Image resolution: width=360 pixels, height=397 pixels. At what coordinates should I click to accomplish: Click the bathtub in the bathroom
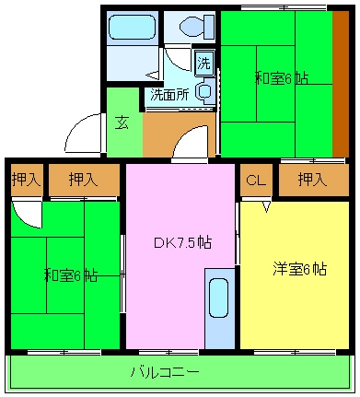tap(132, 27)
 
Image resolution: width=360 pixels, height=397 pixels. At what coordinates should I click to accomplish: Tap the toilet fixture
tap(193, 27)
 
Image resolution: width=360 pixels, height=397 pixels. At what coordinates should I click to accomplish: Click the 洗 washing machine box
tap(204, 64)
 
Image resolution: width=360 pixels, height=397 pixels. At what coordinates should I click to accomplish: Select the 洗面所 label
tap(169, 94)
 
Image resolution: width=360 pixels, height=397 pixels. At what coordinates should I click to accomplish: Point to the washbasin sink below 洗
tap(205, 91)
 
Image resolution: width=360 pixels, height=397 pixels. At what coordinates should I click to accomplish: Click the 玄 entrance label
tap(122, 121)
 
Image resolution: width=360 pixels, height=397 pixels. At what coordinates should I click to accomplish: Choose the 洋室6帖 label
tap(299, 269)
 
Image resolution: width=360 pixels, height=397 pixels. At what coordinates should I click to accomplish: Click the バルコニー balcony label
tap(164, 372)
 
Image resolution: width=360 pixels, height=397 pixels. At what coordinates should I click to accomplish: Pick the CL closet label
tap(255, 180)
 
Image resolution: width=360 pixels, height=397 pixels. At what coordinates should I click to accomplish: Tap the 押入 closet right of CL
tap(312, 179)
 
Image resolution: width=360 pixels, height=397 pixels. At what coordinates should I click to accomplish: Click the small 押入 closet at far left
tap(25, 180)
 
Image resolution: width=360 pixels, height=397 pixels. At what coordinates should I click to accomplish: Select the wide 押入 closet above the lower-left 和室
tap(83, 180)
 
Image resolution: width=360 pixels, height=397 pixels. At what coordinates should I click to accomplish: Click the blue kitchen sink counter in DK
tap(219, 309)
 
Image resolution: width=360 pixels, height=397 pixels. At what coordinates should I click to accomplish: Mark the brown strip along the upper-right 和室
tap(341, 83)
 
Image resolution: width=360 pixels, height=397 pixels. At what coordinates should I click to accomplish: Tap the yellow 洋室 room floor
tap(295, 304)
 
